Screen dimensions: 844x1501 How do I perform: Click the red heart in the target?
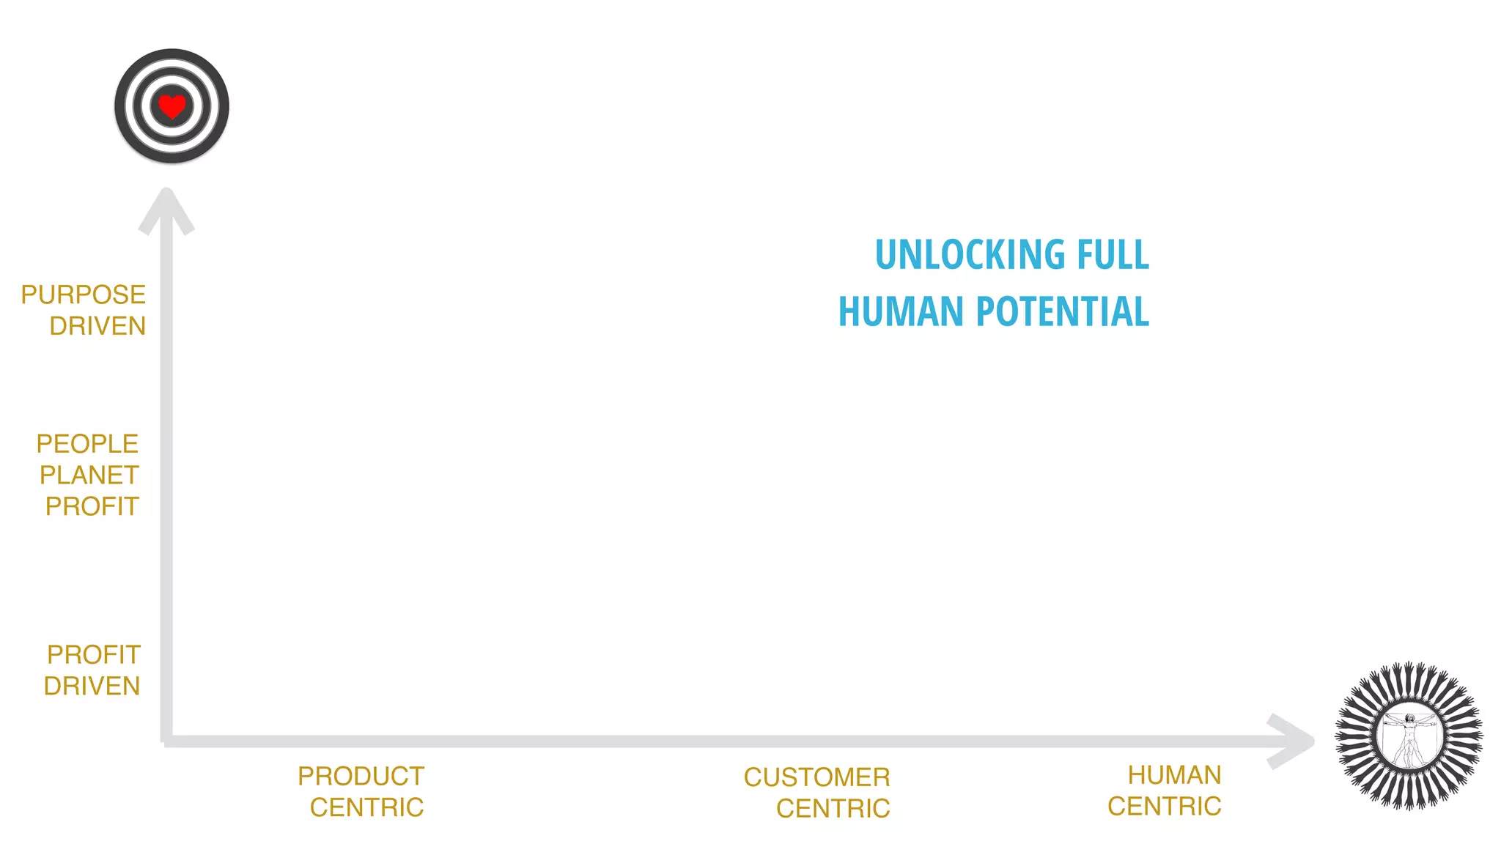(x=172, y=107)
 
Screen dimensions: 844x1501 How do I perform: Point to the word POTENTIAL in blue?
(x=1063, y=311)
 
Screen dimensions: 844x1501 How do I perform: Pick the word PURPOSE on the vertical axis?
(x=83, y=295)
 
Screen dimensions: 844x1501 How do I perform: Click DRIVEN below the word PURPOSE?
(x=97, y=326)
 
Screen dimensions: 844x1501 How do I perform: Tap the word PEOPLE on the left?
(x=87, y=444)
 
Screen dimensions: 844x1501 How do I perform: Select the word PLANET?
(x=89, y=475)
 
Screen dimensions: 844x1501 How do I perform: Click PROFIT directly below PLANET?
(x=92, y=507)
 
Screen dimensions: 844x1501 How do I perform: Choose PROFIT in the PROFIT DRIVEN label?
(x=94, y=655)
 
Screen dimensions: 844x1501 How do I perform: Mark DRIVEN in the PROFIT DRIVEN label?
(x=92, y=686)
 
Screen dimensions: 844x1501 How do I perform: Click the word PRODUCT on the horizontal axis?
(x=361, y=777)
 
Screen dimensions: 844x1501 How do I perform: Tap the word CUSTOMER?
(x=816, y=777)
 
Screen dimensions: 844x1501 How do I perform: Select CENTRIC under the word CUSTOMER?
(x=833, y=809)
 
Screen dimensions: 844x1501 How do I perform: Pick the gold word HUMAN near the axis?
(x=1174, y=775)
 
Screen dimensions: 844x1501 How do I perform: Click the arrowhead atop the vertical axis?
(x=166, y=209)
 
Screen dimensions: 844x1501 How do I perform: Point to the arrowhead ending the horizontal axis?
(x=1294, y=741)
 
